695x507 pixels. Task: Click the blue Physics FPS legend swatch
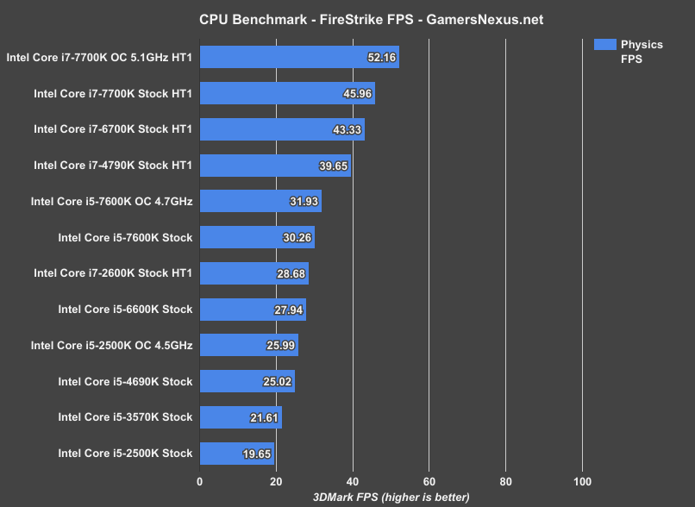pos(604,45)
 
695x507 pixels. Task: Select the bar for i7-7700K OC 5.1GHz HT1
pos(299,58)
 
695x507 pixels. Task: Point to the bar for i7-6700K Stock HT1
pos(282,129)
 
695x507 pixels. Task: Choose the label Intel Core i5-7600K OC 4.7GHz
pos(111,202)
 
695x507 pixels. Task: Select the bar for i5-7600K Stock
pos(257,237)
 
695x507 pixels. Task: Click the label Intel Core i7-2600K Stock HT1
pos(113,273)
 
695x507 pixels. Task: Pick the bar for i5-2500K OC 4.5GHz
pos(248,345)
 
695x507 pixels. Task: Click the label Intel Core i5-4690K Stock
pos(125,381)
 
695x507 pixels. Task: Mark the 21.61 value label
pos(264,417)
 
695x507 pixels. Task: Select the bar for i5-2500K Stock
pos(237,453)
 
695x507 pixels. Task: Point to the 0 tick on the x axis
pos(200,481)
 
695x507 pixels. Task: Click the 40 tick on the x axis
pos(353,481)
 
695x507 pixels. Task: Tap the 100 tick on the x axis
pos(582,481)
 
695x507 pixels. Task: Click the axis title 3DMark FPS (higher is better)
pos(391,497)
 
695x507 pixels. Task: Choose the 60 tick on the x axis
pos(429,481)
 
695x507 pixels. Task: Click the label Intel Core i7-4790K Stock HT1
pos(113,166)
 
